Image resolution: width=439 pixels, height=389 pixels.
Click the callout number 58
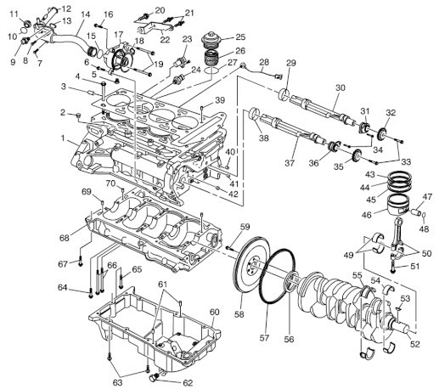tap(239, 314)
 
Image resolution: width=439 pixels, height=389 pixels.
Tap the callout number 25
tap(240, 37)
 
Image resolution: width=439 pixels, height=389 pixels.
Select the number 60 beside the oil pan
tap(214, 313)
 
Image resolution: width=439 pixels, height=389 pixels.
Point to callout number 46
tap(367, 215)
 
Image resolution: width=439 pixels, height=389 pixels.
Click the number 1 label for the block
tap(63, 138)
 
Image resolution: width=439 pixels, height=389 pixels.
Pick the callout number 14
tap(85, 14)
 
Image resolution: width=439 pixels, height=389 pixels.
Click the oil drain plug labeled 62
tap(154, 377)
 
